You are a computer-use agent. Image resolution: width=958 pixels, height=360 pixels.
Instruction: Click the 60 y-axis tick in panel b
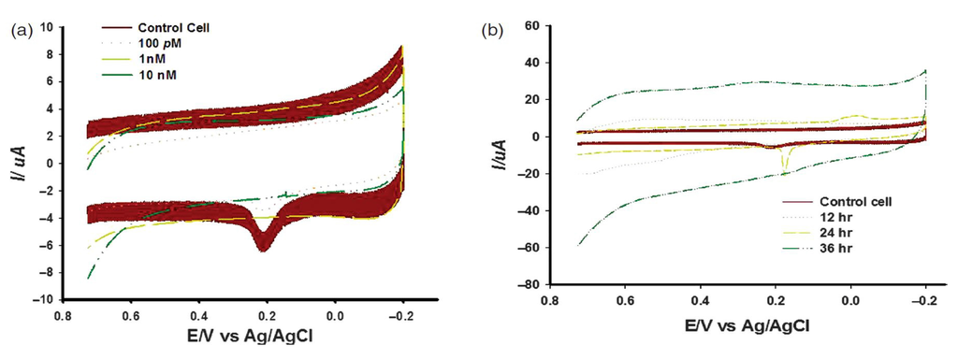point(530,25)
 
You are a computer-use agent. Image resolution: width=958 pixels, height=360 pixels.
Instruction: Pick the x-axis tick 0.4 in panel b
point(700,301)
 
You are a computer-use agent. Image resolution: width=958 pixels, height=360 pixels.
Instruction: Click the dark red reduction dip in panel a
point(265,245)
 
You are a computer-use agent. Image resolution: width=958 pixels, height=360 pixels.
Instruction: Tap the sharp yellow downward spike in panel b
point(784,168)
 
